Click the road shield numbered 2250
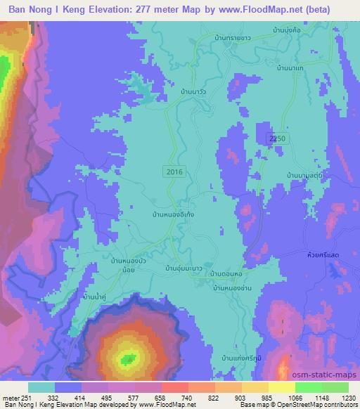[277, 141]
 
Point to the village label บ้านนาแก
[290, 67]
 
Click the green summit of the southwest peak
[128, 359]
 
